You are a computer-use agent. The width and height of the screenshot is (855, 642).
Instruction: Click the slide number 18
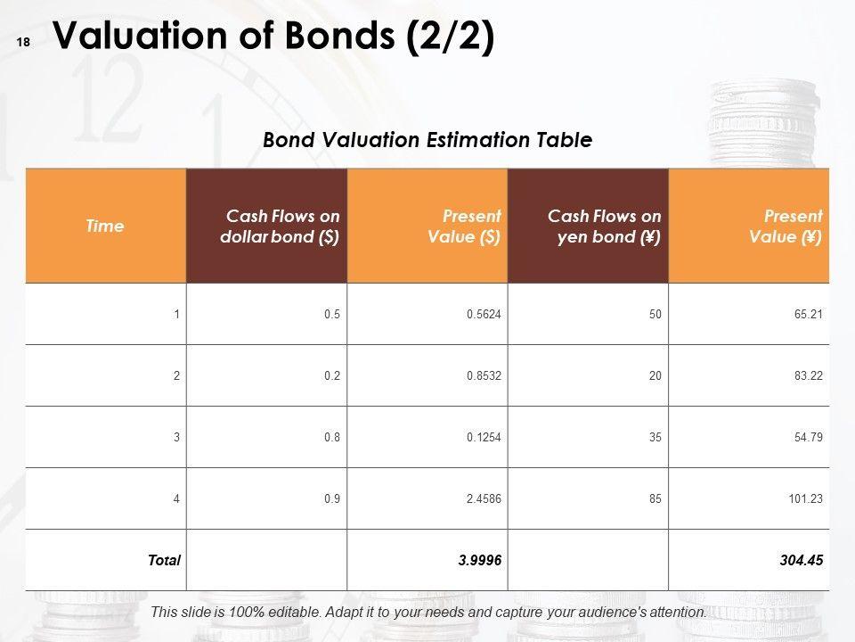coord(23,42)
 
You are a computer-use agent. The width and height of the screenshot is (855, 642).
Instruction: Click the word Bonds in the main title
coord(339,36)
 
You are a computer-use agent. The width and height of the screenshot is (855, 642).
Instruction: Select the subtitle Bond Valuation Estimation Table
coord(427,140)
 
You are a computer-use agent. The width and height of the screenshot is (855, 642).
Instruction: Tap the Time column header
coord(105,226)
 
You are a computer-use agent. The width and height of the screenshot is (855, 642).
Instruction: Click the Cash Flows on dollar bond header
coord(280,226)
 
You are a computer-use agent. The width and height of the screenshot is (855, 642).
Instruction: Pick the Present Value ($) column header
coord(464,226)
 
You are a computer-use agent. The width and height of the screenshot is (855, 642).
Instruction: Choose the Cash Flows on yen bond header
coord(604,226)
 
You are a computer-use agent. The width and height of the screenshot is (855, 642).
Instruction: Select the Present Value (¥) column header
coord(786,226)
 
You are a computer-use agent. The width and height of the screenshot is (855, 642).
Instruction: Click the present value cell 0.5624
coord(484,314)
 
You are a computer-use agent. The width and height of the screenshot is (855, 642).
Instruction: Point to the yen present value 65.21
coord(808,314)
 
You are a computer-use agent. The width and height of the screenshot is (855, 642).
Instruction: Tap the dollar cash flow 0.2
coord(332,375)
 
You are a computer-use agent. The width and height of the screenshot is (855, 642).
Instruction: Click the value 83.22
coord(808,375)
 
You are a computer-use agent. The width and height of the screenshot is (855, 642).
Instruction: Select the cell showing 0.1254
coord(484,437)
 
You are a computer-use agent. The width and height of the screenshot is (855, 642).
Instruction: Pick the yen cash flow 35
coord(655,437)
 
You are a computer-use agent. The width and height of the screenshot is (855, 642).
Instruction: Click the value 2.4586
coord(484,498)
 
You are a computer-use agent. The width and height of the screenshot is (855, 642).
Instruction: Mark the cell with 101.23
coord(805,498)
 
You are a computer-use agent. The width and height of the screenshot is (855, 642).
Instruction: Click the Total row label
coord(164,560)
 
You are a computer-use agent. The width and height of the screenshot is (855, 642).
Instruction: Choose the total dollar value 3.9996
coord(480,560)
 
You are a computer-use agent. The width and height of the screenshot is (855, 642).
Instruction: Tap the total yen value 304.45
coord(801,560)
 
